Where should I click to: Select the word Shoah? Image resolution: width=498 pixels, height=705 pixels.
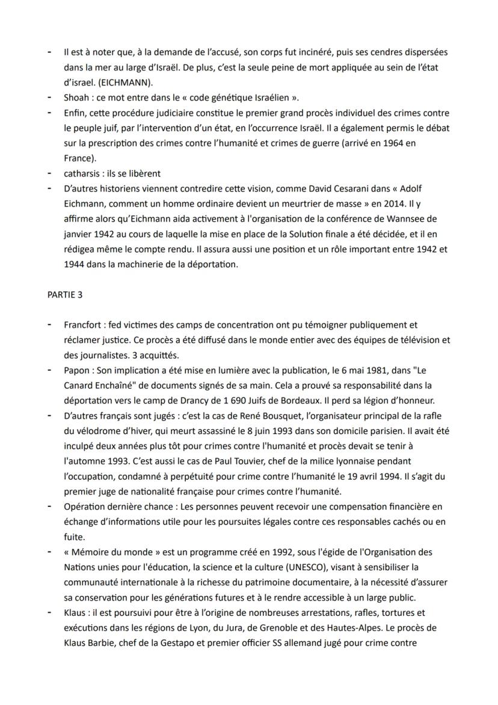[x=76, y=98]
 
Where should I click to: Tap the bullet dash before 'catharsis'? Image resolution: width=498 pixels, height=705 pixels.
[x=49, y=173]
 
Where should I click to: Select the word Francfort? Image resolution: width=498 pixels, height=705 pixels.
[x=82, y=325]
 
